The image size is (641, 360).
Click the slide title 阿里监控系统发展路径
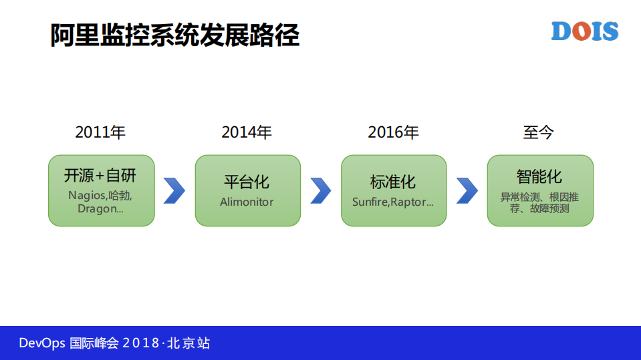click(174, 35)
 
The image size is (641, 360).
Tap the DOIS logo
click(584, 31)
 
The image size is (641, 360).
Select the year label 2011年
click(100, 132)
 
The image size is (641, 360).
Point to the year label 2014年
click(247, 132)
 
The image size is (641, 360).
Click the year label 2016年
click(393, 132)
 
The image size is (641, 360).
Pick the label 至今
click(539, 132)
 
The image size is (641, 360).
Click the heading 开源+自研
click(100, 176)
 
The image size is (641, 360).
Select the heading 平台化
click(247, 182)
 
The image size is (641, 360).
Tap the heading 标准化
click(393, 182)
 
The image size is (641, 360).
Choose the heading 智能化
click(539, 176)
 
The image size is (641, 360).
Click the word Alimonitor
click(247, 202)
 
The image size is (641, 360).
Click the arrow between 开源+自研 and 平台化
click(174, 190)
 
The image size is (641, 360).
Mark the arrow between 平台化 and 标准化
click(321, 190)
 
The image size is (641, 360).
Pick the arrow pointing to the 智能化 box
click(467, 190)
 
